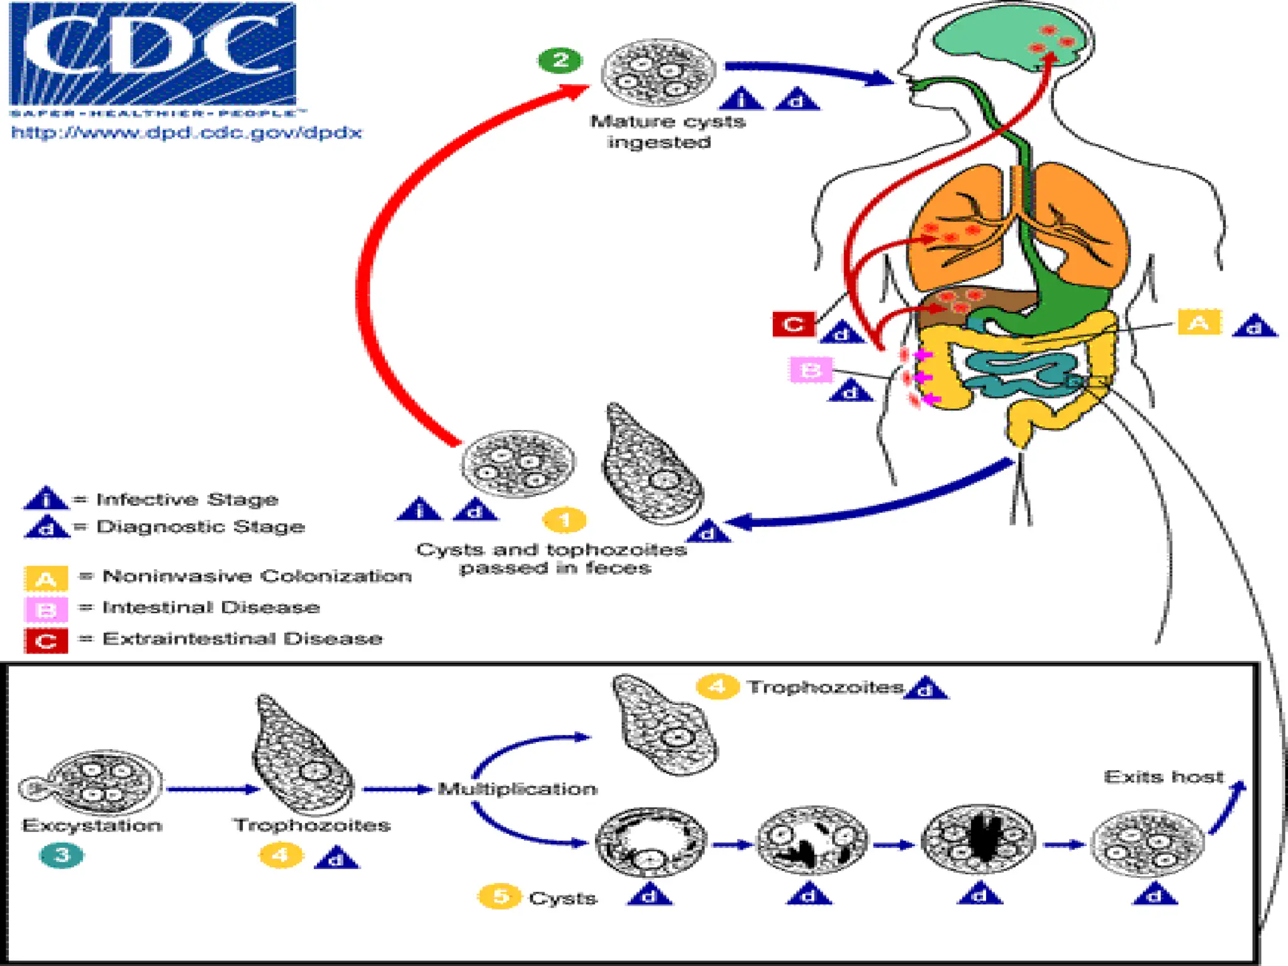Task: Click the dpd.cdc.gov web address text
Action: coord(187,133)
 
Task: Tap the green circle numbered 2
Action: coord(560,60)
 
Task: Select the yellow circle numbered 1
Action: coord(564,520)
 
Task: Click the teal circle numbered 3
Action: coord(61,855)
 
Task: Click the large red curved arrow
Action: coord(377,264)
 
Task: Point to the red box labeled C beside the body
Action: coord(793,324)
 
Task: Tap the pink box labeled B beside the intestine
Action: coord(811,370)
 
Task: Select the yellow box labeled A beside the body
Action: coord(1199,323)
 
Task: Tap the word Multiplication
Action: coord(517,789)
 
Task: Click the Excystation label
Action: coord(92,825)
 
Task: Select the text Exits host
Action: coord(1163,777)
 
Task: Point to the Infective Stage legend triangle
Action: coord(45,499)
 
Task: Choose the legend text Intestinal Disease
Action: coord(211,608)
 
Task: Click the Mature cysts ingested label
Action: coord(667,131)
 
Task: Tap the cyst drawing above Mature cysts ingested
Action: coord(658,72)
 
